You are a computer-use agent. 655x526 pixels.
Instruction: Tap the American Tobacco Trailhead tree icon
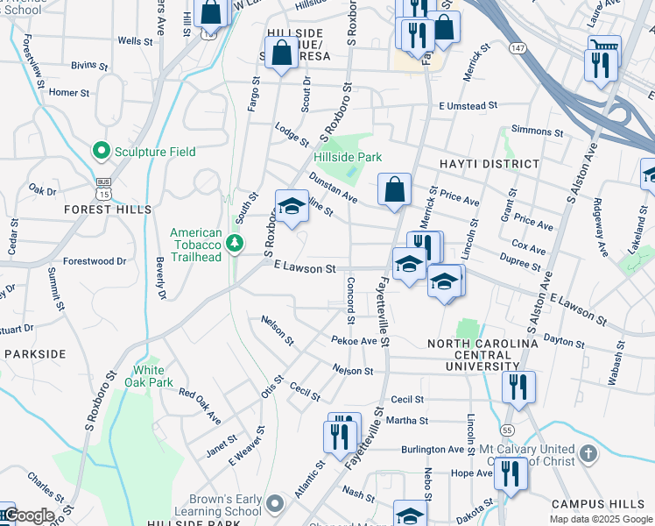point(235,243)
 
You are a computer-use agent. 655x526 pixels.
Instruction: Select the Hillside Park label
point(348,157)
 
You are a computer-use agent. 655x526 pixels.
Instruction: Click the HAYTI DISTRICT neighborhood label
point(491,164)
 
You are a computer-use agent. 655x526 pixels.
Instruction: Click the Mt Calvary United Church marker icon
point(588,454)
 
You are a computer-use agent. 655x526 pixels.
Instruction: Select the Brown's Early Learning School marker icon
point(275,504)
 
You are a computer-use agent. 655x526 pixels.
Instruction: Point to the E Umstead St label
point(468,105)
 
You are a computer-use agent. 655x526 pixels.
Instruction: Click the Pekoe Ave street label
point(354,341)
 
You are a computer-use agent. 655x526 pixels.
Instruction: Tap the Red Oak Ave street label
point(199,401)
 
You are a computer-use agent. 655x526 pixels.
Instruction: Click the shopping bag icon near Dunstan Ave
point(394,189)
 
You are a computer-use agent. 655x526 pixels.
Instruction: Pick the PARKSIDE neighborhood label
point(35,353)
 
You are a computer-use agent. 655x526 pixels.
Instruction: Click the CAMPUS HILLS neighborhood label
point(602,504)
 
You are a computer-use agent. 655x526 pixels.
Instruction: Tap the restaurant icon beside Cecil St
point(518,387)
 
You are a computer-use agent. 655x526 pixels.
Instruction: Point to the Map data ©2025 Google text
point(600,519)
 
